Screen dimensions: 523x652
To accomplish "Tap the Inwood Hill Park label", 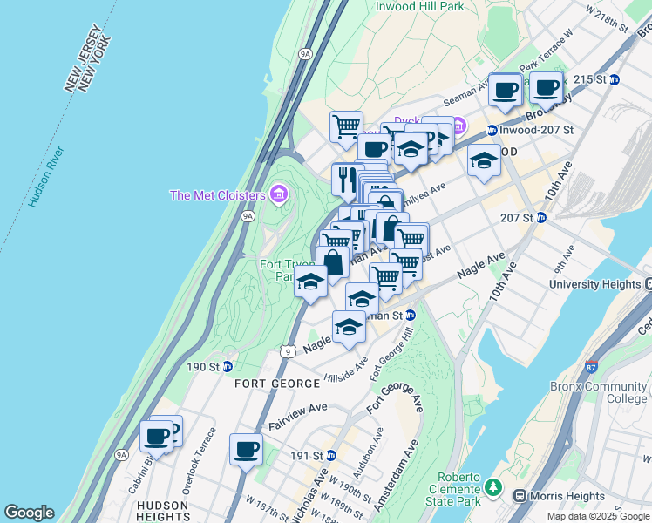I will (420, 7).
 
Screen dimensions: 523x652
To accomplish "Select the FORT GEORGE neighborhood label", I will (277, 384).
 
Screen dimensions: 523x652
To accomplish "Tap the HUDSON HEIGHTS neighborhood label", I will (162, 511).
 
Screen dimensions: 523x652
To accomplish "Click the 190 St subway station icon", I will (228, 367).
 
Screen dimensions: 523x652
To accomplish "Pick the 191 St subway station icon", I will (330, 456).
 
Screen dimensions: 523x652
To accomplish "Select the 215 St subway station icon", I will (614, 79).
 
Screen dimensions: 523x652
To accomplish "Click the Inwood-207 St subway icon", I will (492, 130).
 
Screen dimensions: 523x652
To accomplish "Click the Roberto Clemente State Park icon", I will (494, 486).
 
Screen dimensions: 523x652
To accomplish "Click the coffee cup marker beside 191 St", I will (246, 450).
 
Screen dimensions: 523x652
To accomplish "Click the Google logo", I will (29, 513).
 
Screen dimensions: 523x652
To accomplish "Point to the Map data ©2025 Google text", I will (598, 516).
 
